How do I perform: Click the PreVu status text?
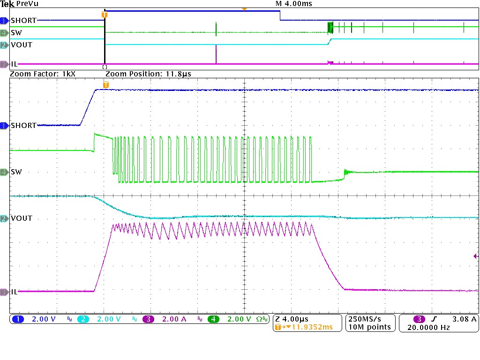pos(27,4)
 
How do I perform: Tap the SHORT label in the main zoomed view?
pos(23,126)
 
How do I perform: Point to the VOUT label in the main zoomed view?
pos(21,218)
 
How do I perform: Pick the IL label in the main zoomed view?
pos(14,292)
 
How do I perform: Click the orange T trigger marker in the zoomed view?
pos(106,85)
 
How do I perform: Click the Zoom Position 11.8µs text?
pos(148,74)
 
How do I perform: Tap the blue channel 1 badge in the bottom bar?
pos(18,319)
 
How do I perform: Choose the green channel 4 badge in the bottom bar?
pos(213,319)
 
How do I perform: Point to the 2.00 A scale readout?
pos(173,319)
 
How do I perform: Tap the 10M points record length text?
pos(368,327)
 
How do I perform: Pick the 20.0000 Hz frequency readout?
pos(428,327)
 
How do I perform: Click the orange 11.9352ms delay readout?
pos(309,327)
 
